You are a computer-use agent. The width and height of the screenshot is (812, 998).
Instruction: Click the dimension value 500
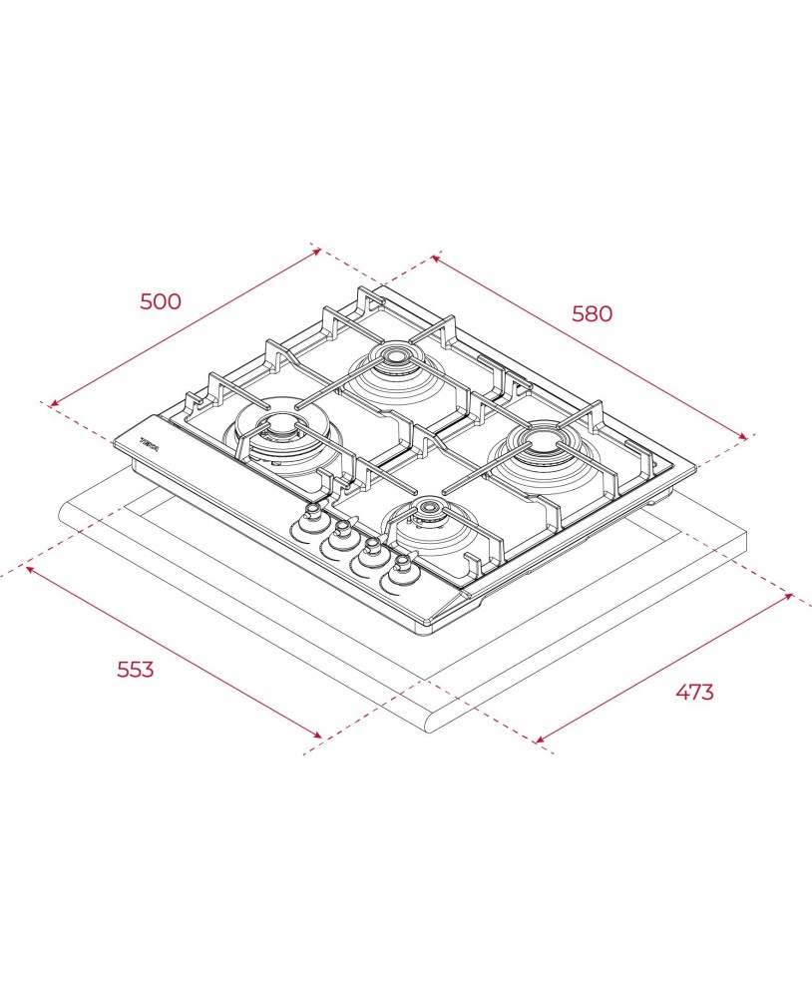coord(161,300)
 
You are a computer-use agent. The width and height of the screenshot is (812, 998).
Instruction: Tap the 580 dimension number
coord(592,313)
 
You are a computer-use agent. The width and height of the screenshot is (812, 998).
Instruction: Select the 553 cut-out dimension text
coord(136,669)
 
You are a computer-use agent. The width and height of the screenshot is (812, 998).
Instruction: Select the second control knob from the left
coord(342,530)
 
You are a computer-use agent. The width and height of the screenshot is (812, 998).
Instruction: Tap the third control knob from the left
coord(373,549)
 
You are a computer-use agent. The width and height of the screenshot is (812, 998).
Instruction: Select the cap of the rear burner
coord(396,355)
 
